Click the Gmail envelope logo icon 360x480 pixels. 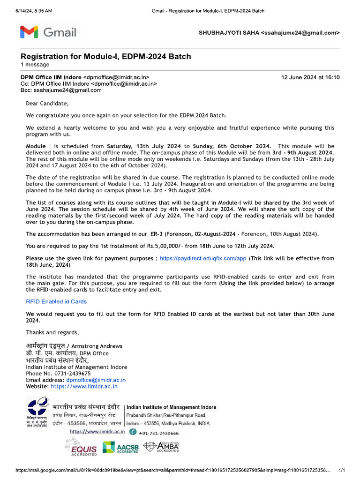(x=29, y=32)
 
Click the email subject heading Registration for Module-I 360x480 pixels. (x=105, y=57)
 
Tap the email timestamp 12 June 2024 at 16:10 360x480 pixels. (x=310, y=77)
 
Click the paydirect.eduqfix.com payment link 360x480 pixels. (x=202, y=258)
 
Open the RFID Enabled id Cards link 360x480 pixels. (x=56, y=302)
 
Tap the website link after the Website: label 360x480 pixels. (x=84, y=387)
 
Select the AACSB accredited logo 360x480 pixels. (x=121, y=447)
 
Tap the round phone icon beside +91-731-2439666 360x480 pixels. (x=133, y=432)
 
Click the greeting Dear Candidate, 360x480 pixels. (x=47, y=104)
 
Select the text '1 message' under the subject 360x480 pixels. (x=35, y=65)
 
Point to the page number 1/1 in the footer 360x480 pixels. (x=342, y=470)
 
